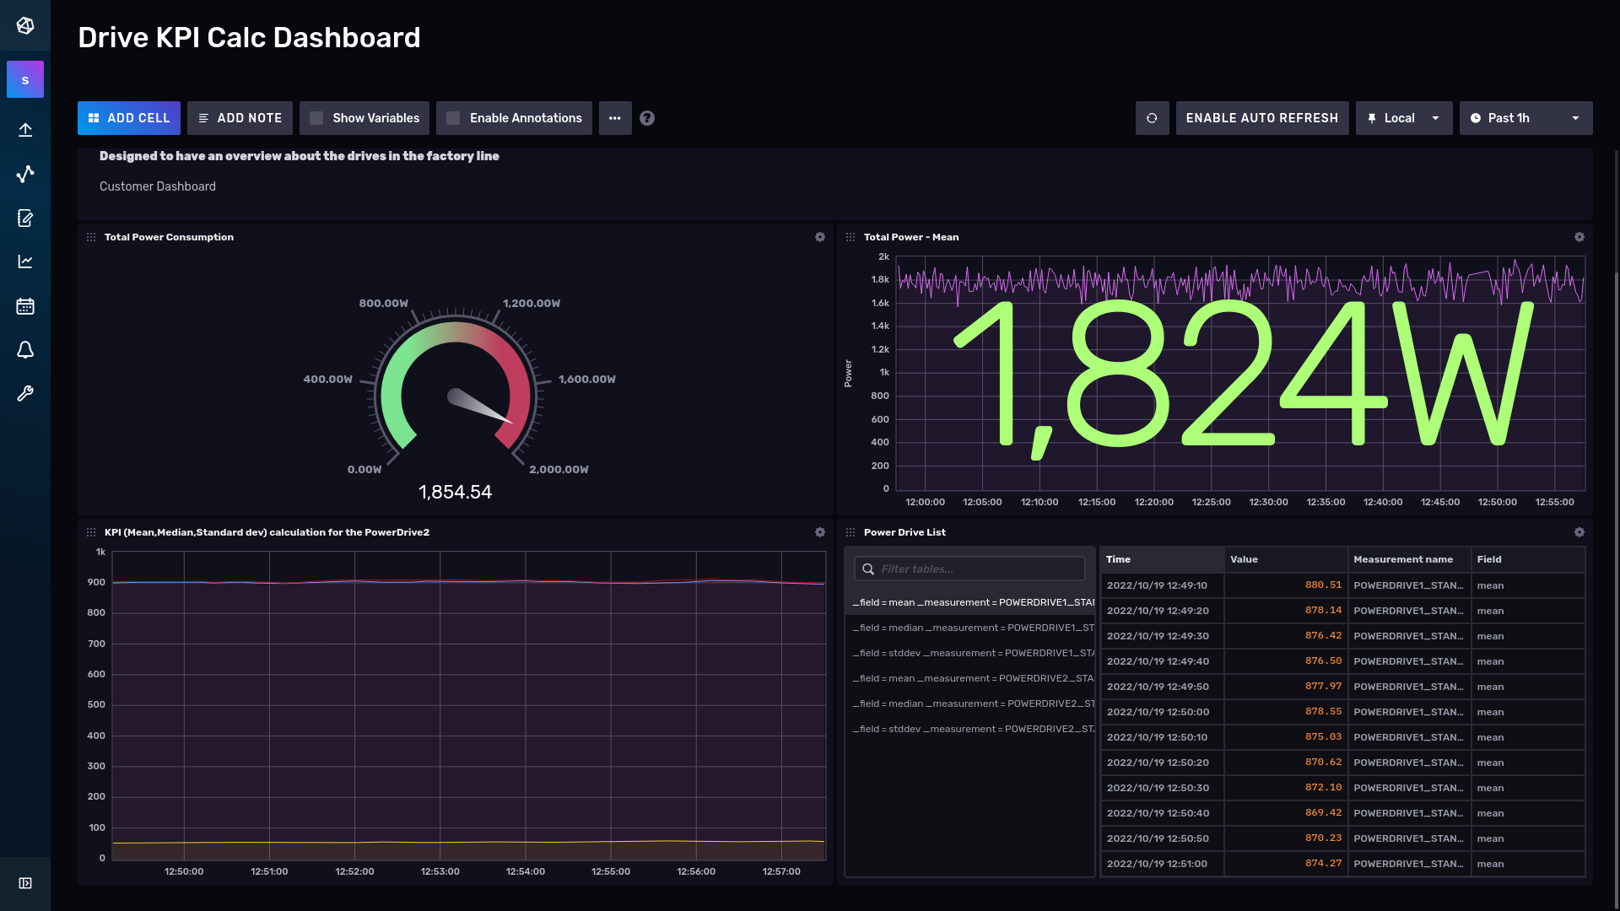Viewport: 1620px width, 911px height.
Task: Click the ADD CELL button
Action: click(x=129, y=118)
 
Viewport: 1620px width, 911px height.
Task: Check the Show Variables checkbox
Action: click(x=316, y=118)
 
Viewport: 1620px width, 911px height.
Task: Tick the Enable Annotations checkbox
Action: click(x=453, y=118)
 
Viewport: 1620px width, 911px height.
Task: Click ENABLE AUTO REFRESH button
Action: click(x=1261, y=118)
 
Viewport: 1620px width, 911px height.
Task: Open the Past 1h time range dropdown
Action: click(x=1525, y=118)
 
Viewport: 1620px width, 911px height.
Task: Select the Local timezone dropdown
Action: click(x=1403, y=118)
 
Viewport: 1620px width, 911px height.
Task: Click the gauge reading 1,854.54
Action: click(x=455, y=492)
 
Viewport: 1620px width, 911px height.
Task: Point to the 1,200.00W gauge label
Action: click(x=532, y=304)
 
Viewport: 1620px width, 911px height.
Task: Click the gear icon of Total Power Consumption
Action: click(x=819, y=237)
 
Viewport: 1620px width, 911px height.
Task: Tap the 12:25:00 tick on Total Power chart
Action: click(x=1211, y=502)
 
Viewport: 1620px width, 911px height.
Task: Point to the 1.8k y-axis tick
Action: click(x=880, y=279)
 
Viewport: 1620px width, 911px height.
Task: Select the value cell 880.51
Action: click(x=1322, y=585)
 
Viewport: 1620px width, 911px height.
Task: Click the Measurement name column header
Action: click(x=1402, y=559)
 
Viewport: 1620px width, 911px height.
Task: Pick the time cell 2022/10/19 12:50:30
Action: click(x=1158, y=788)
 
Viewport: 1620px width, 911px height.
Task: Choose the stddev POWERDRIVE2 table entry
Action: click(x=972, y=729)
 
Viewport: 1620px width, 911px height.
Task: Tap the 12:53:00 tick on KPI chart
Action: click(x=440, y=871)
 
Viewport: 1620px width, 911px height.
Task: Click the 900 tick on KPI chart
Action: click(x=96, y=582)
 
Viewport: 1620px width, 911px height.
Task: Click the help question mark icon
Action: click(x=647, y=118)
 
